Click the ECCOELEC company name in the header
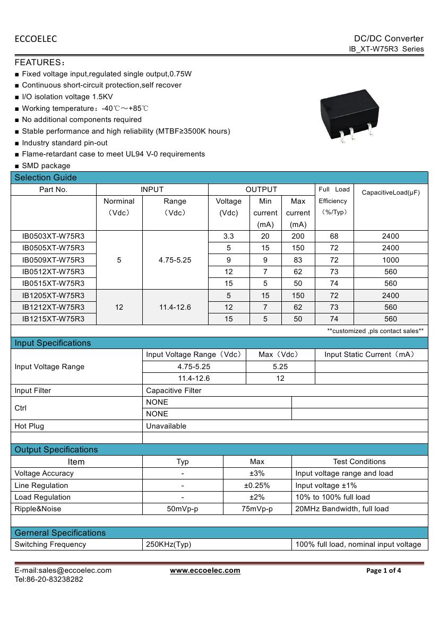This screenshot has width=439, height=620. tap(36, 39)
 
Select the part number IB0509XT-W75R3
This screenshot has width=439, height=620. tap(53, 260)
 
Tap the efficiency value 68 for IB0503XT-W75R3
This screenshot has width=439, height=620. tap(334, 236)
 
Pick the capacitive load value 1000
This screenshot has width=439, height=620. tap(390, 260)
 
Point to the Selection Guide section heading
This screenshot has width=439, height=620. tap(46, 178)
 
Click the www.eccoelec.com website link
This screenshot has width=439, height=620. tap(205, 571)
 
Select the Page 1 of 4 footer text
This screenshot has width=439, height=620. tap(384, 571)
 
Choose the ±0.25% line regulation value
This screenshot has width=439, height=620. tap(257, 485)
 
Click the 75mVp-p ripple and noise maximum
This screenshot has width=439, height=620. tap(257, 509)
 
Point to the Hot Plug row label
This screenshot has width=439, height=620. tap(30, 426)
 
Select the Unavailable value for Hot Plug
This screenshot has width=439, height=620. tap(166, 426)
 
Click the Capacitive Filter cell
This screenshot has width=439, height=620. tap(174, 390)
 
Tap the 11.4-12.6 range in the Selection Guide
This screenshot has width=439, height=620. tap(175, 307)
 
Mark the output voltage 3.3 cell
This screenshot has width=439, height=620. tap(229, 236)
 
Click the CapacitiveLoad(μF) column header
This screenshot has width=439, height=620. tap(391, 193)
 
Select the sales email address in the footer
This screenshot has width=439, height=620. tap(63, 571)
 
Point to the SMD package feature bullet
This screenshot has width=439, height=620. tap(46, 165)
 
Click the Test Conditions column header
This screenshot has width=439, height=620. tap(359, 461)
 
